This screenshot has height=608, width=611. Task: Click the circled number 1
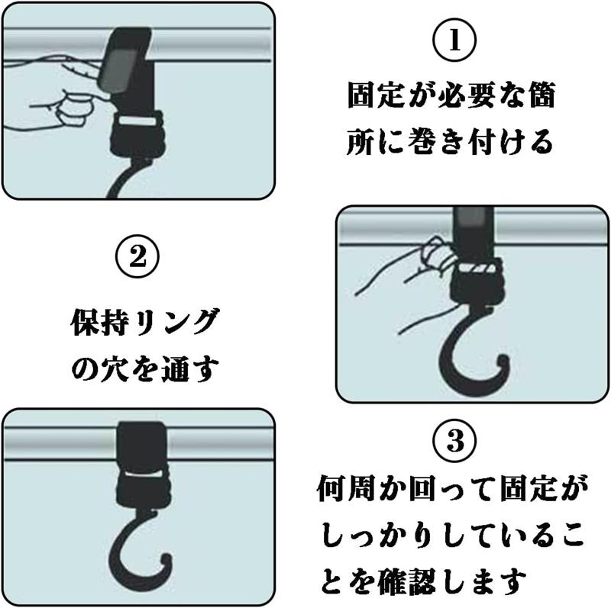tap(454, 40)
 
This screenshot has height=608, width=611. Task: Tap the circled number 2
tap(137, 256)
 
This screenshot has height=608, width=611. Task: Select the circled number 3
tap(454, 441)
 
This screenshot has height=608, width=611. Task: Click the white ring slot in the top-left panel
tap(137, 121)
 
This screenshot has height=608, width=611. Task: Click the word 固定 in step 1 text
tap(376, 95)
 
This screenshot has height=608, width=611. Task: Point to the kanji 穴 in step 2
tap(114, 368)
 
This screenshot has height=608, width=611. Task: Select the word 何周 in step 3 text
tap(346, 488)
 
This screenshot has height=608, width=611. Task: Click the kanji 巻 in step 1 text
tap(422, 141)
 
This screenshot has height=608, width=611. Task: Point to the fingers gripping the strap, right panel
tap(437, 255)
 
